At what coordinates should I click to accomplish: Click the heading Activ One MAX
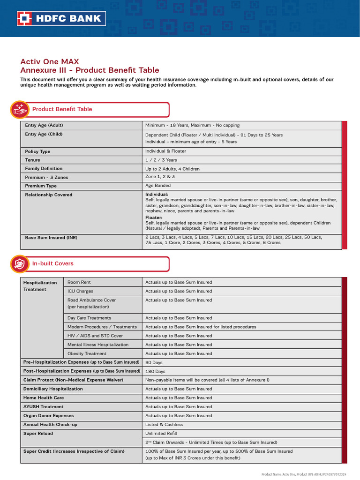coord(50,61)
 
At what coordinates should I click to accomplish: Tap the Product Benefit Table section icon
coord(19,109)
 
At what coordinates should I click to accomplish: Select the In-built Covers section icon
coord(19,264)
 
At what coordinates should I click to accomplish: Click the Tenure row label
coord(33,160)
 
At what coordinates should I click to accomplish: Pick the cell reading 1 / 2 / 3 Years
coord(161,160)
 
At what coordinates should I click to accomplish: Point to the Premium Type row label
coord(41,186)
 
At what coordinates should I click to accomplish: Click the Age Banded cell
coord(159,185)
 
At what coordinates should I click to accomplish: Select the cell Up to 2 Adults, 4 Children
coord(172,169)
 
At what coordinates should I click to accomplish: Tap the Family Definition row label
coord(44,168)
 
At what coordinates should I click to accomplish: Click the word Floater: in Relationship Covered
coord(154,217)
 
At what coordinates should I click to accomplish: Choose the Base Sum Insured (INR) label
coord(51,238)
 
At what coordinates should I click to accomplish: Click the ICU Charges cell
coord(80,291)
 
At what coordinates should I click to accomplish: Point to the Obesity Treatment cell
coord(87,353)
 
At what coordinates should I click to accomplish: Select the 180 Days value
coord(155,371)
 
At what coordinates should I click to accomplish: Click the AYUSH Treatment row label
coord(44,406)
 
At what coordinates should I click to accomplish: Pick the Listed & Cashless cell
coord(164,424)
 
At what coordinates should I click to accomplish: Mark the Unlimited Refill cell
coord(161,433)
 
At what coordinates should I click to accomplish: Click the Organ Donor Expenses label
coord(49,415)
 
